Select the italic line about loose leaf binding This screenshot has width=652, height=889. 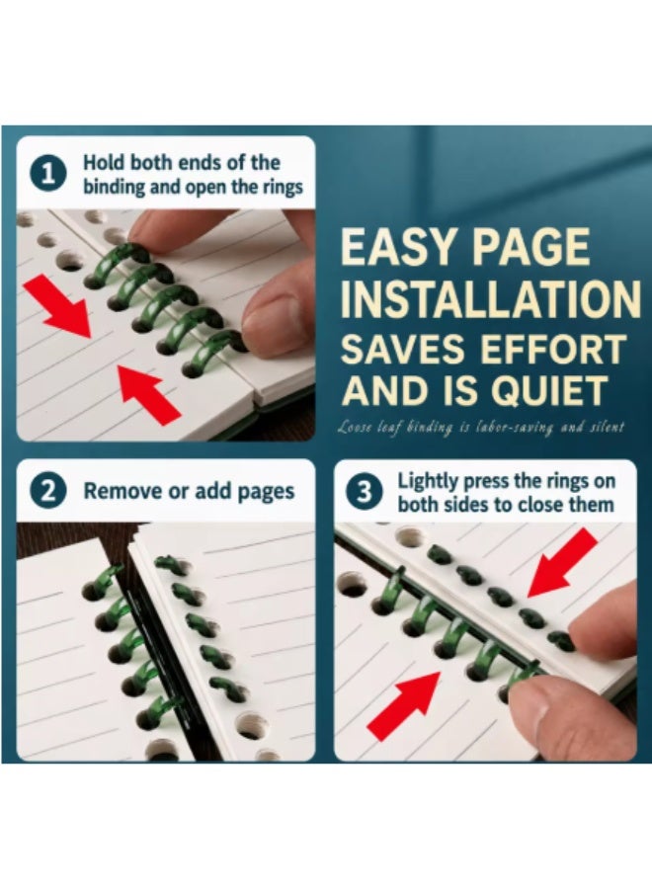tap(480, 427)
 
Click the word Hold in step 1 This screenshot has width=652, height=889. tap(105, 162)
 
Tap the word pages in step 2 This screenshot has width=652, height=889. tap(267, 492)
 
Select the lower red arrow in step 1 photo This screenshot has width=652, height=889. tap(148, 394)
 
